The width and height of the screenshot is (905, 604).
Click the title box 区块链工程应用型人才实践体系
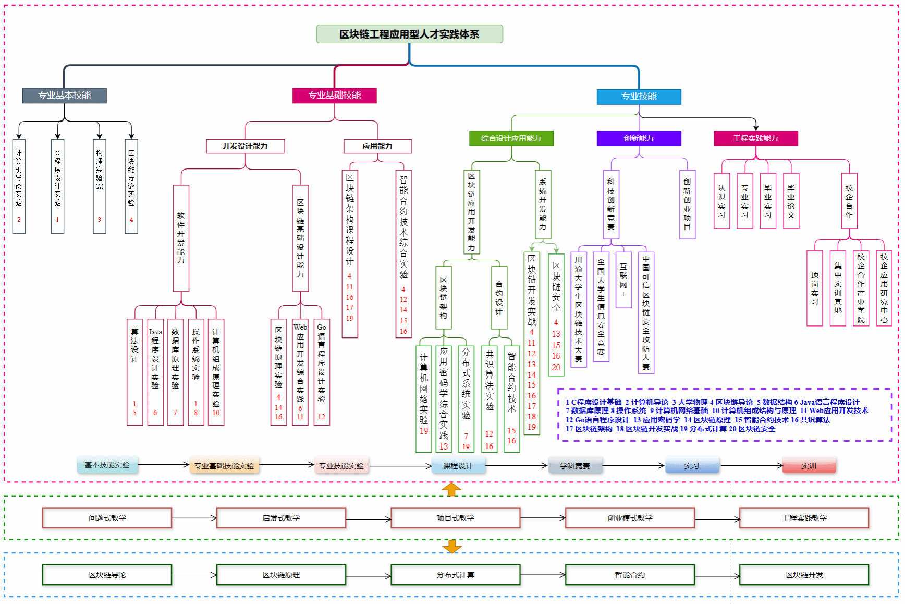[409, 34]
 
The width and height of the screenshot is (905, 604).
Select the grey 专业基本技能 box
[64, 95]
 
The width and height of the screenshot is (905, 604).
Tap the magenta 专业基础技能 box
[334, 95]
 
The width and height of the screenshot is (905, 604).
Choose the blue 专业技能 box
[639, 96]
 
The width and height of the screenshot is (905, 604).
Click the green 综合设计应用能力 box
[511, 138]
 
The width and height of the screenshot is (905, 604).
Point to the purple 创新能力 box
[639, 138]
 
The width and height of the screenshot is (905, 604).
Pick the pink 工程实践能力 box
[755, 138]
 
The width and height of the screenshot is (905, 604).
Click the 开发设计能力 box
[245, 146]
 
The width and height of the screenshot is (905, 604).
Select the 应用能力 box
[377, 146]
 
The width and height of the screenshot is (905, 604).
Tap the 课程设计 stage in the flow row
[458, 465]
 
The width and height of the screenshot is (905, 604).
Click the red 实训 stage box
[809, 465]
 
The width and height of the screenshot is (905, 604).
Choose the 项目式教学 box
[455, 518]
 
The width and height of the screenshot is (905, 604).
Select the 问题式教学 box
[107, 518]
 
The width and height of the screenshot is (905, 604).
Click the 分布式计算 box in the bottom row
[455, 575]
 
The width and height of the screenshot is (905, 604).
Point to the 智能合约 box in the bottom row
[630, 575]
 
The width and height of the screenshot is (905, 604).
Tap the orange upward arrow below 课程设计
[451, 489]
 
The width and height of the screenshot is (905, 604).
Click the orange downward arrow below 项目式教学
[451, 546]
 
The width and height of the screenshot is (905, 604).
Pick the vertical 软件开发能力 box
[181, 238]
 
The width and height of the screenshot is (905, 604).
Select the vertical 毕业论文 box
[791, 201]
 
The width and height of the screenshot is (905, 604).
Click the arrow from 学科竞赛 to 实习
[633, 465]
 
